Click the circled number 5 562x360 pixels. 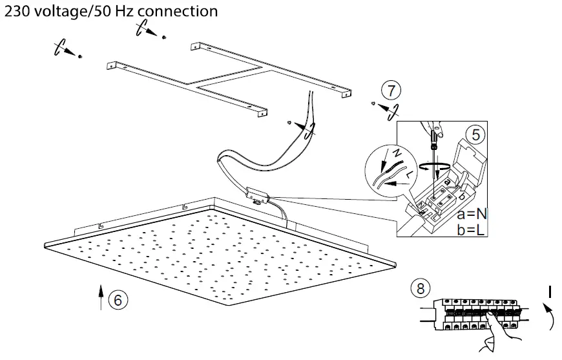(475, 134)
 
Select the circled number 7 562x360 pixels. (390, 89)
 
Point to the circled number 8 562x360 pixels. (421, 289)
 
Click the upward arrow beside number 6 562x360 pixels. (101, 296)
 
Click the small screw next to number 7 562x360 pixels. (373, 103)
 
